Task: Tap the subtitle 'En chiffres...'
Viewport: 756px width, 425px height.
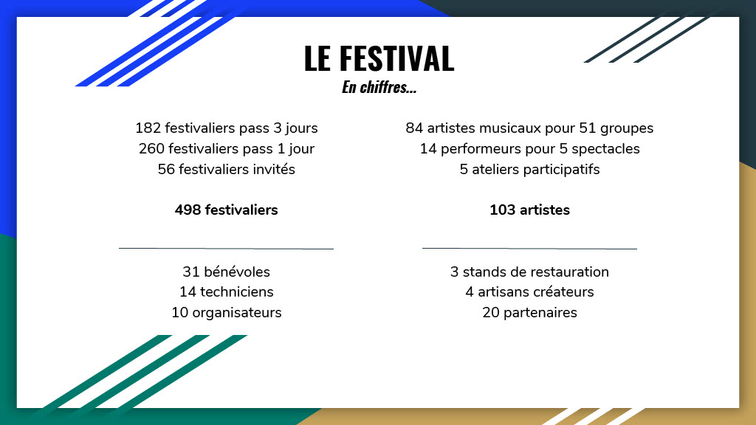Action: click(x=379, y=88)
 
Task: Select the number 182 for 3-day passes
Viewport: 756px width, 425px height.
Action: click(x=148, y=128)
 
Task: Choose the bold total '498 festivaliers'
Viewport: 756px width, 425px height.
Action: click(x=226, y=210)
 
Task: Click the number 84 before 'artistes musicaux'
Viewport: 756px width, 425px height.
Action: click(x=414, y=128)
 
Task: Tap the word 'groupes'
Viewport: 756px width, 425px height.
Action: click(x=626, y=128)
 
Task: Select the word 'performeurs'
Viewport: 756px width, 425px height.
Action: click(x=478, y=149)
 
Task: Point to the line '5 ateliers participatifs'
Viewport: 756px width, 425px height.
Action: click(x=529, y=170)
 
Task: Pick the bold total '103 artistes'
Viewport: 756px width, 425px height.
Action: click(x=529, y=210)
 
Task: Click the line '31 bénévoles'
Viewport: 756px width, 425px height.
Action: click(x=226, y=272)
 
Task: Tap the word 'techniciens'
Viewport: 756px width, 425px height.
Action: click(x=236, y=292)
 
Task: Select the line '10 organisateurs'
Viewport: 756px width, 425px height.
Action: click(x=226, y=313)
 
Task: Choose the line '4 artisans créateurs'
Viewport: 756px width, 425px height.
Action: click(x=529, y=292)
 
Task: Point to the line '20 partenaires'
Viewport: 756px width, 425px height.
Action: click(x=529, y=313)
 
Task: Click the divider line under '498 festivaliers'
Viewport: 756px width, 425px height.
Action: click(x=226, y=249)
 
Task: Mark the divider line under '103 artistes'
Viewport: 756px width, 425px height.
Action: click(x=529, y=249)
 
